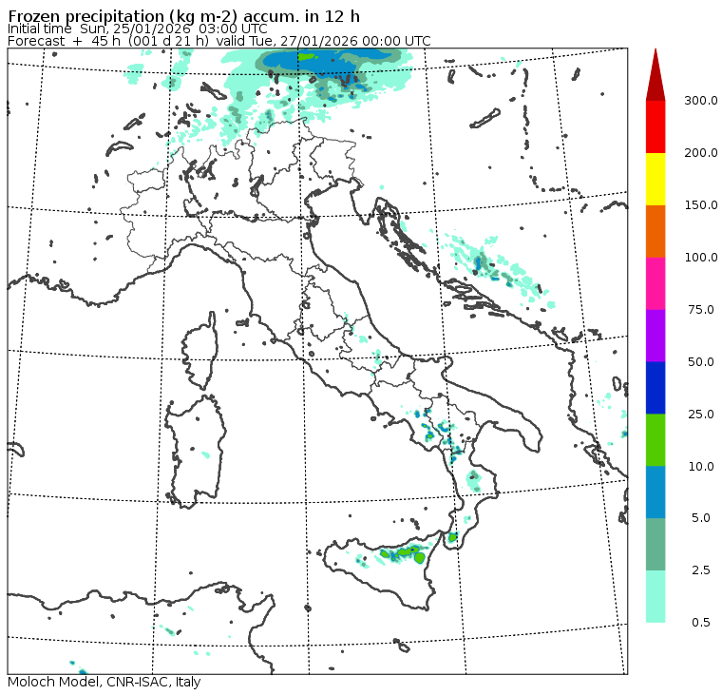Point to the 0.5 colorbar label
(701, 623)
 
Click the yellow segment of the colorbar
(655, 179)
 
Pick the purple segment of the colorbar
(655, 335)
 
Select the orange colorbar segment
(655, 231)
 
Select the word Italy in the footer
(187, 682)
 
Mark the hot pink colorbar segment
(655, 283)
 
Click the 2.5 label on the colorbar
(701, 570)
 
